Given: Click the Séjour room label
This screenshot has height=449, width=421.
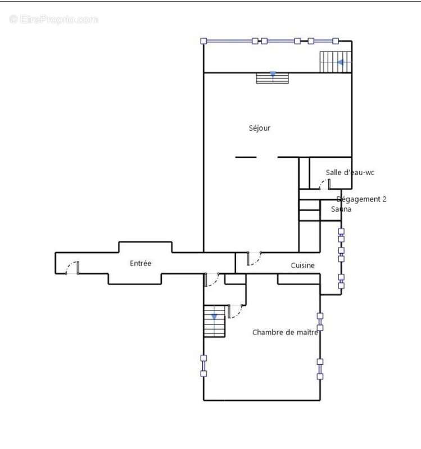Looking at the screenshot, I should pos(260,128).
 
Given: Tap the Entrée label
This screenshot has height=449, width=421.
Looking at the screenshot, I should pos(141,263).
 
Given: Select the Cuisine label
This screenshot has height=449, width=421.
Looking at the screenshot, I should pos(302,265).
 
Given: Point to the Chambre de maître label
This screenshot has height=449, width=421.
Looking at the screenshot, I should pos(285,332).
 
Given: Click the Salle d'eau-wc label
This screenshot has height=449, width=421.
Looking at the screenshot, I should pos(350,173).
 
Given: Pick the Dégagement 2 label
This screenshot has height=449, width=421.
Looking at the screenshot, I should pos(361,199).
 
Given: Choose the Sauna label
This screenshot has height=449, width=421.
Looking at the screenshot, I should pos(341,209).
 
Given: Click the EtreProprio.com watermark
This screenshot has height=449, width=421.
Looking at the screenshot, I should pos(54,20).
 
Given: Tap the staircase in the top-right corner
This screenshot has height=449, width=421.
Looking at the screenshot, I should pos(336,62).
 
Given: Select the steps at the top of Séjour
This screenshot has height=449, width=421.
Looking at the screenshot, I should pos(273,78).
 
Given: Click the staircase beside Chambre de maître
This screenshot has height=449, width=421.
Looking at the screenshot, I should pos(214,322).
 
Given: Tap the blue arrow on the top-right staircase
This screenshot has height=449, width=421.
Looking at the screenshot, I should pos(341,62).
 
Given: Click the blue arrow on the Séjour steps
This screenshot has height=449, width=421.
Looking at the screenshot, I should pos(273,74).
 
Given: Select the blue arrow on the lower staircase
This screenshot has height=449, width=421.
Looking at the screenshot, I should pos(214,317).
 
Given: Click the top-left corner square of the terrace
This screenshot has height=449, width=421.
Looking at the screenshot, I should pos(203,40).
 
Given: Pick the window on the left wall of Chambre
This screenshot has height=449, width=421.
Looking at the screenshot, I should pos(203,365).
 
